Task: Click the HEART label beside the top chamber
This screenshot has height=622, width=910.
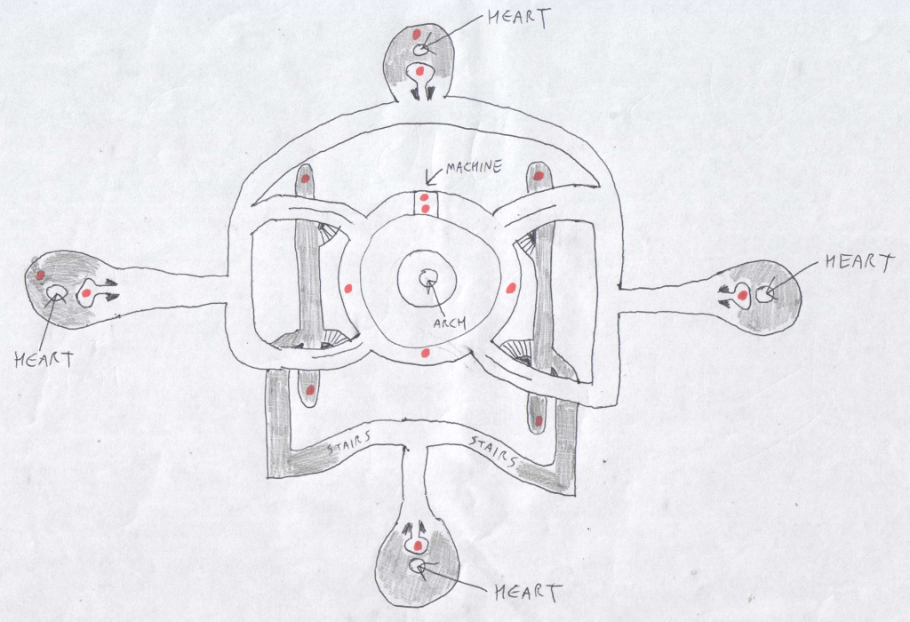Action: [x=518, y=18]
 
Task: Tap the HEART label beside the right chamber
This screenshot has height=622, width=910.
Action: [x=859, y=262]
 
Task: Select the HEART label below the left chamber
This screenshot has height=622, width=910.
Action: [x=44, y=360]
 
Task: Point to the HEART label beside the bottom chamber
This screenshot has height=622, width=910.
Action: [x=528, y=593]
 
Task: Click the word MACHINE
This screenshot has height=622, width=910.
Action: [x=474, y=168]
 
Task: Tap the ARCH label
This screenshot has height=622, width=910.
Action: [x=450, y=323]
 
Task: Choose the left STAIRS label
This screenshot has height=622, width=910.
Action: [x=348, y=444]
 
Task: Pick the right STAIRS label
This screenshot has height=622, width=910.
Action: [x=492, y=451]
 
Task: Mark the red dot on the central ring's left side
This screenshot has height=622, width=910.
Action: [x=348, y=289]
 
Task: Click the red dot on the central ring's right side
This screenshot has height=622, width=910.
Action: [x=511, y=288]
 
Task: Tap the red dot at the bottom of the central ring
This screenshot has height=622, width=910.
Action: [x=425, y=353]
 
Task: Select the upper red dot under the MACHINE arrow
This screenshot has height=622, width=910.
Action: [x=424, y=197]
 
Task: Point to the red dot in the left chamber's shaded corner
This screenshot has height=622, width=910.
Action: [x=40, y=275]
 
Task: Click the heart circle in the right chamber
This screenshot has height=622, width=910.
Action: [x=763, y=295]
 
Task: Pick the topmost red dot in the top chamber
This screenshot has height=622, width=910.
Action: [x=418, y=35]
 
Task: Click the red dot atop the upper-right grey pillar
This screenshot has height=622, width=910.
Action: [x=538, y=175]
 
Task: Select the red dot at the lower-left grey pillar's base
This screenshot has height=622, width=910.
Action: [x=310, y=390]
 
